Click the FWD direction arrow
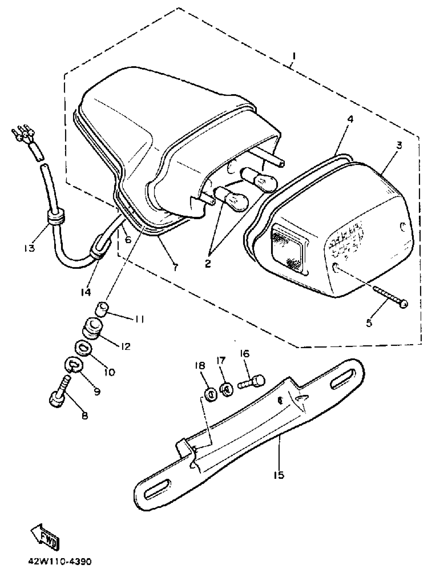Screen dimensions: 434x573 point(45,535)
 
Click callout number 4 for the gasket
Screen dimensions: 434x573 point(350,119)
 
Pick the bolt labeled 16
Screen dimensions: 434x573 point(251,382)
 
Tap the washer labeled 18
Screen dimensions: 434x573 point(211,395)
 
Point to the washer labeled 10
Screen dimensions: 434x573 point(82,347)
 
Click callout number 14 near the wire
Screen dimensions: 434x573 point(85,292)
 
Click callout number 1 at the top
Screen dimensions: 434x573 point(294,56)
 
